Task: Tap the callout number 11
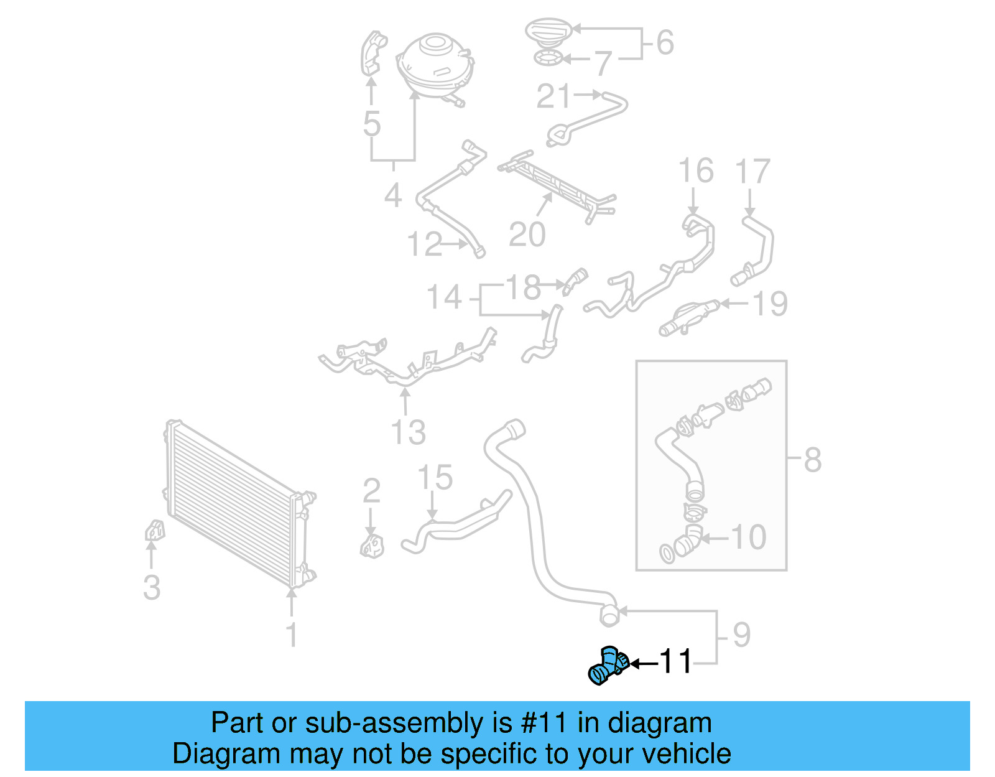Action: pos(675,663)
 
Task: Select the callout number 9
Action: pos(741,635)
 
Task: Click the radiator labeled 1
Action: pos(236,504)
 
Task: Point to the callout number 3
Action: pos(152,587)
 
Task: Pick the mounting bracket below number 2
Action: pos(372,546)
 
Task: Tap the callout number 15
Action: pos(435,478)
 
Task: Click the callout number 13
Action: pos(408,432)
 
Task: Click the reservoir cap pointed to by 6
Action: pos(548,30)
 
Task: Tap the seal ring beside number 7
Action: pos(548,59)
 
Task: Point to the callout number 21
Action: pos(553,96)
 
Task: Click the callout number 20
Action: pos(527,235)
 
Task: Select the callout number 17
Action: pos(752,171)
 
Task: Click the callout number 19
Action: pos(770,304)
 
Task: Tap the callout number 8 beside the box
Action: pos(812,460)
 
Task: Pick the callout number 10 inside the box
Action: pos(748,537)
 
